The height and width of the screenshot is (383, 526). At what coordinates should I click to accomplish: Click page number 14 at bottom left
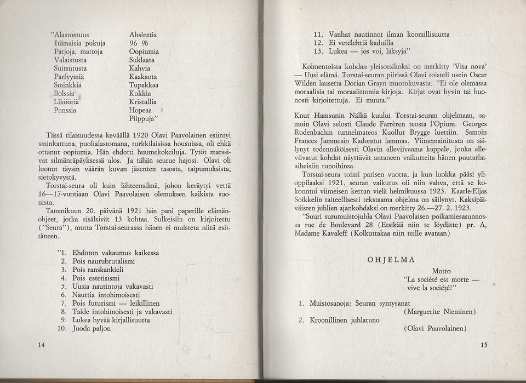42,345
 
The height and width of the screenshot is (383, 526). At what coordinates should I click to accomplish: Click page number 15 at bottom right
483,345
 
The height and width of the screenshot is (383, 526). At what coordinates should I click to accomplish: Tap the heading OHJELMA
391,260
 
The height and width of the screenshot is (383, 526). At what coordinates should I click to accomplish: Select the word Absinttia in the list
143,35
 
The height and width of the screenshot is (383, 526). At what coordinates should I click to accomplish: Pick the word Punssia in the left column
66,110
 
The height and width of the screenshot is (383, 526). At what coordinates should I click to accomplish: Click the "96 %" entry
139,43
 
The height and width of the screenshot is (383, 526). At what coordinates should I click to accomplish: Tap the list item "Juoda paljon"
92,329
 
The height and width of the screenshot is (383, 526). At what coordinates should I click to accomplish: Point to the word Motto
442,271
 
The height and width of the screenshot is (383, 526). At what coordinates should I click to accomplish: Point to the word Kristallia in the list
143,102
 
